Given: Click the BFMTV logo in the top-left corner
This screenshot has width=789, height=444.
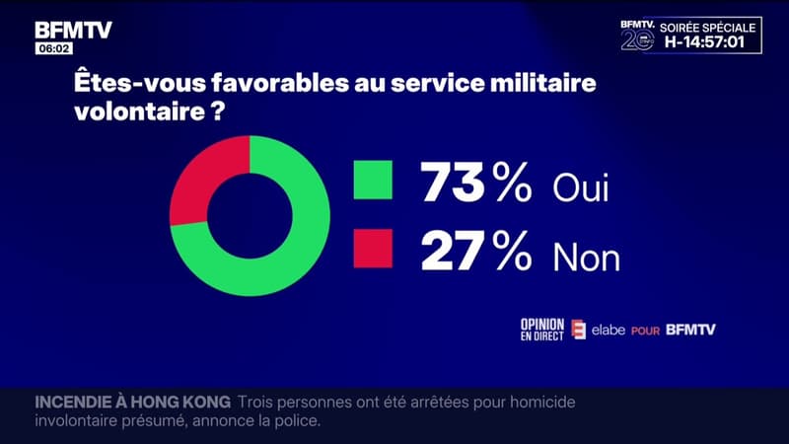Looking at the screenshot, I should (x=74, y=30).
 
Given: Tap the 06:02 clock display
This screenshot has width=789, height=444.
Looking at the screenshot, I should (x=52, y=48).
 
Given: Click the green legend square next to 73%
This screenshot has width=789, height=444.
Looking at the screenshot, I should (x=373, y=183).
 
